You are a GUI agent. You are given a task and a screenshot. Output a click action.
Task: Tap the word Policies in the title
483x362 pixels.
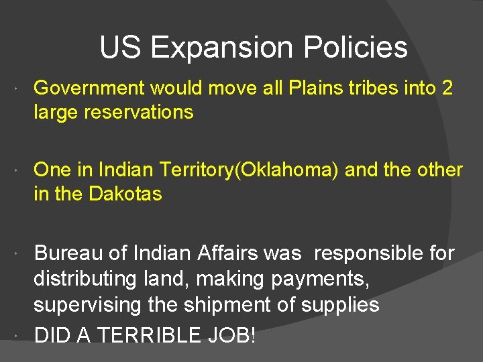tap(356, 48)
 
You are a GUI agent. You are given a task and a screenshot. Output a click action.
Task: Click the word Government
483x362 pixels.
tap(89, 88)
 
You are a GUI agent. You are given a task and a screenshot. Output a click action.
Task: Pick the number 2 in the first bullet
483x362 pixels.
tap(447, 88)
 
